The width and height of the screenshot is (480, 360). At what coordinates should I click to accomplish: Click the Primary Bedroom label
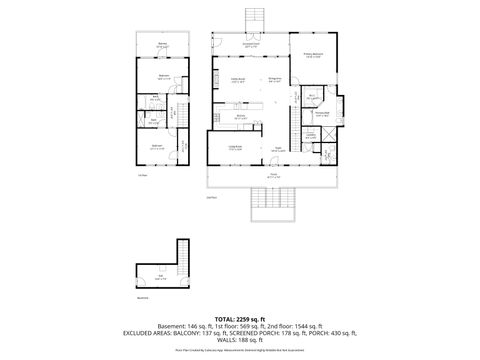[x=312, y=56]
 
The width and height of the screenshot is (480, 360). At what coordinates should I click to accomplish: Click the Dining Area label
[x=239, y=80]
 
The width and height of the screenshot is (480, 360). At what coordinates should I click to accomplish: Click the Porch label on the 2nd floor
[x=272, y=176]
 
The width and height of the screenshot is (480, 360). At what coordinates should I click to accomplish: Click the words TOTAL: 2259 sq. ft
[x=239, y=318]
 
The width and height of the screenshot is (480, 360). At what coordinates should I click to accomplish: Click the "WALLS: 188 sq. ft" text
[x=239, y=340]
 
